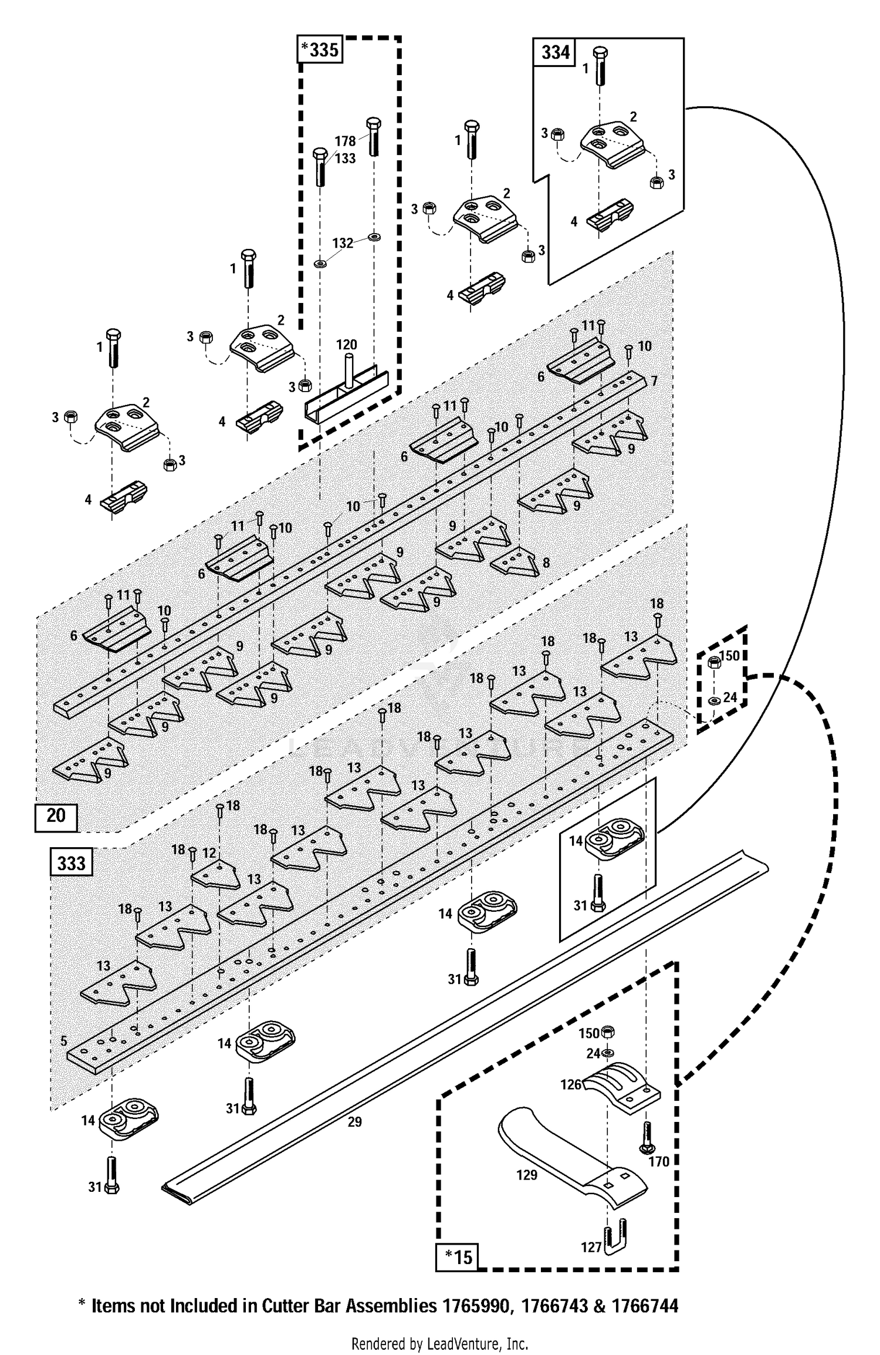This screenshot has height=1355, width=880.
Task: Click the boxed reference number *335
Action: (x=320, y=50)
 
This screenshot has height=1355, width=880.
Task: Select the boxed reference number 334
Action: (x=554, y=52)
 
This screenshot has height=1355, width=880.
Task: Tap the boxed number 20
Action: (x=56, y=815)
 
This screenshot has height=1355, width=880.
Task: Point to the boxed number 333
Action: (x=72, y=863)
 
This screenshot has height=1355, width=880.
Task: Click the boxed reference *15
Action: (x=458, y=1257)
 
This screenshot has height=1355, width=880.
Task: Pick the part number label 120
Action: (x=347, y=345)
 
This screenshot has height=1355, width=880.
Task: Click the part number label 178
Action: (x=346, y=141)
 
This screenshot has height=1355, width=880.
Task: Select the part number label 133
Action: (x=346, y=158)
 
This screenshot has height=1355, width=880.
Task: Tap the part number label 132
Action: (x=343, y=243)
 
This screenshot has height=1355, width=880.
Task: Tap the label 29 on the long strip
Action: (x=354, y=1122)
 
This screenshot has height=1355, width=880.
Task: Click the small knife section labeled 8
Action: (x=515, y=562)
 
